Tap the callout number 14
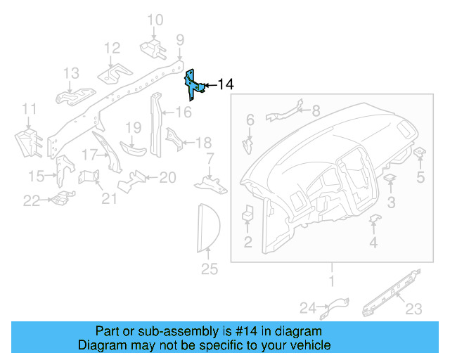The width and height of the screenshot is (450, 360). point(225,85)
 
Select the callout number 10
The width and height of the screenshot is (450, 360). point(155,20)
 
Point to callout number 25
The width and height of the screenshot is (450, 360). point(210,269)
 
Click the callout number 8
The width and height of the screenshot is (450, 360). point(315,110)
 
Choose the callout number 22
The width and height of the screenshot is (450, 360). point(32,201)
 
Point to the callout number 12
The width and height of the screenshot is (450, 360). point(112,48)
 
